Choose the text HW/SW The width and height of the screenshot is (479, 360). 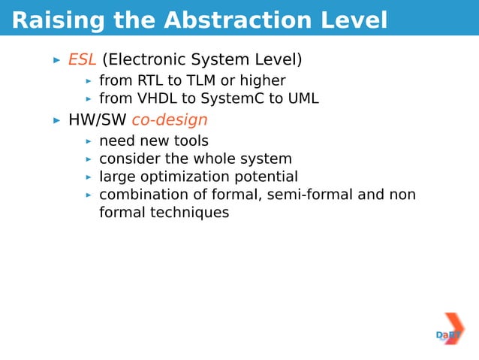tap(97, 119)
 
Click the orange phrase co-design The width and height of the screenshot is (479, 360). tap(170, 119)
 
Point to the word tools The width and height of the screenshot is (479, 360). tap(191, 141)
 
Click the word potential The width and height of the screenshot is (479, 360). tap(268, 177)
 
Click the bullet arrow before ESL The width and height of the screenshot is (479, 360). tap(56, 59)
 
